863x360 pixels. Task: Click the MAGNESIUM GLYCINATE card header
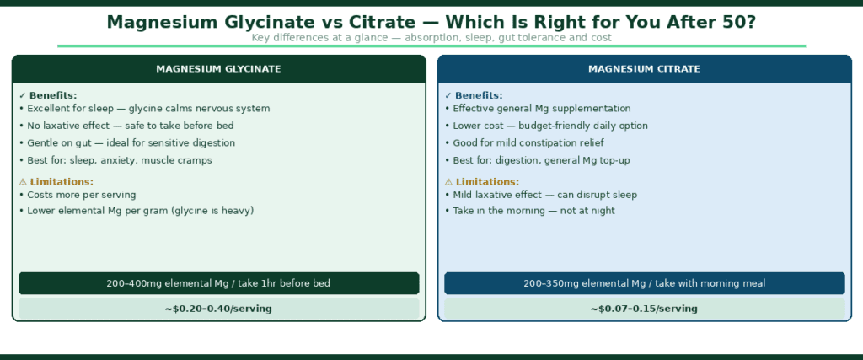(218, 69)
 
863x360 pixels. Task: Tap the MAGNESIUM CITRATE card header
(644, 69)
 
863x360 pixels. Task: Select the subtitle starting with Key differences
(431, 38)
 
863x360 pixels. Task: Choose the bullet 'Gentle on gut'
(138, 143)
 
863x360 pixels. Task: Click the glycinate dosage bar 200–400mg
(218, 283)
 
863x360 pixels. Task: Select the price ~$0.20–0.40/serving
(218, 309)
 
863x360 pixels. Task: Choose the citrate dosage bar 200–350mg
(644, 283)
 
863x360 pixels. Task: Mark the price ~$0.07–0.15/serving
(644, 309)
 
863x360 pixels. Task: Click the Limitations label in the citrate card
(486, 181)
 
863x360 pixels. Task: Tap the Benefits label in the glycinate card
(52, 95)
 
